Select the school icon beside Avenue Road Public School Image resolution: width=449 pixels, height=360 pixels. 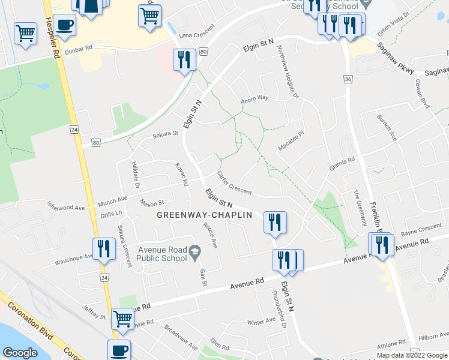coord(194,252)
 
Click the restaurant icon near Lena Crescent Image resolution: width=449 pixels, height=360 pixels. coord(184,59)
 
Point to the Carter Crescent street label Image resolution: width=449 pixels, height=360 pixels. coord(234,182)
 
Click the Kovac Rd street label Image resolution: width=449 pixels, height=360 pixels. coord(182,173)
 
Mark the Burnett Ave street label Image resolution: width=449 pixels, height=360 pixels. coord(387,127)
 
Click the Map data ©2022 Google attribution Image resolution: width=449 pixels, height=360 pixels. coord(411,355)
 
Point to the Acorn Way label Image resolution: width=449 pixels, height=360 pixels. coord(255,98)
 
